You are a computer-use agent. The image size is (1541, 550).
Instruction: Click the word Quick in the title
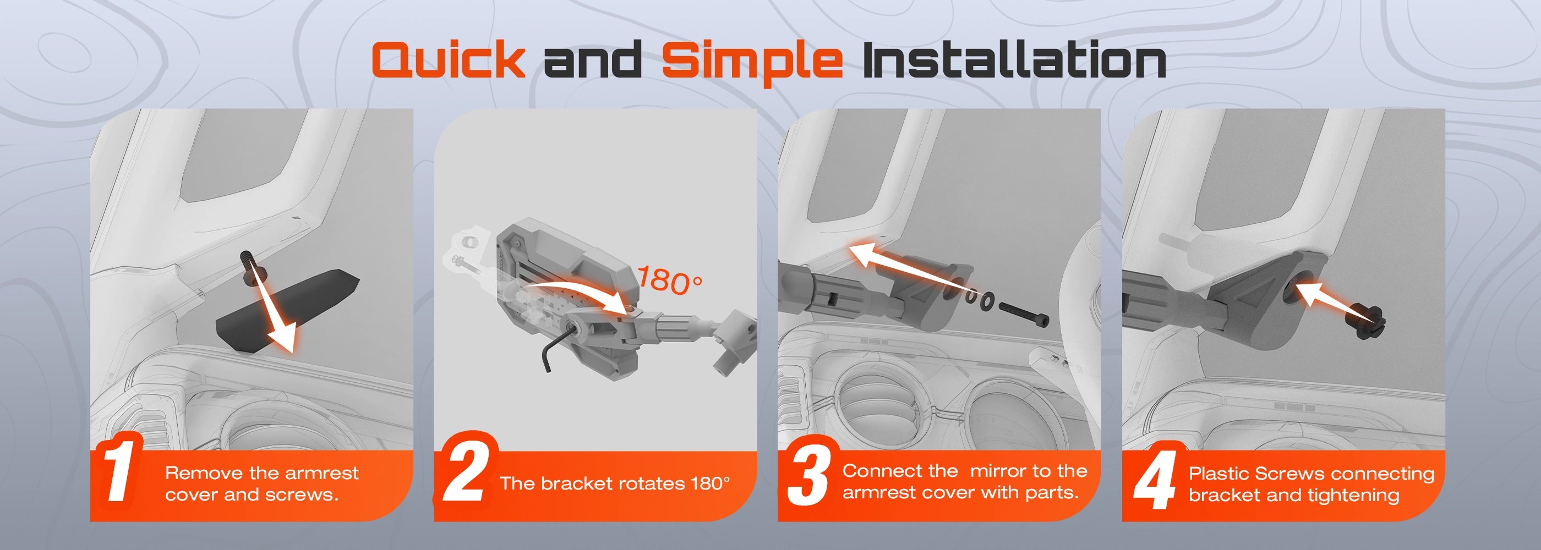[448, 60]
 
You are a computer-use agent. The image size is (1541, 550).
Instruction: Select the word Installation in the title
[1014, 60]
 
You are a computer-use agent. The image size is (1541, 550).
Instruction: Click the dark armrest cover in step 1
[287, 311]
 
